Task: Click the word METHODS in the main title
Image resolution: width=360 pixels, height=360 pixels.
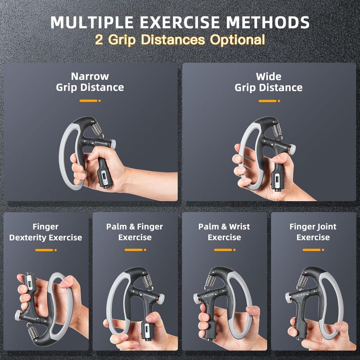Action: point(267,22)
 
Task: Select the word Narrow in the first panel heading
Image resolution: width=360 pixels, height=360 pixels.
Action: point(90,76)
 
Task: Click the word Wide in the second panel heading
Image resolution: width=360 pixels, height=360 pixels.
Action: point(268,76)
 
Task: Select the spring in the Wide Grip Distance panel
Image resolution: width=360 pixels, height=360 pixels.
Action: point(277,131)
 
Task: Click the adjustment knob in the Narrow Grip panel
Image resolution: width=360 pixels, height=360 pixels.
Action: point(112,144)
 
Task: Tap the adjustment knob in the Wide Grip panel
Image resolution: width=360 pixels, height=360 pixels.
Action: point(292,149)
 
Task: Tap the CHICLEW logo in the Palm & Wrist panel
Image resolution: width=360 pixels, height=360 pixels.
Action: point(208,296)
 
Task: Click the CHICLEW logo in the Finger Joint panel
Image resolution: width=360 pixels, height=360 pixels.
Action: point(299,296)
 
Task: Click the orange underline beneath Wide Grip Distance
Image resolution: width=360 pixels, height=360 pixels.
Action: point(269,101)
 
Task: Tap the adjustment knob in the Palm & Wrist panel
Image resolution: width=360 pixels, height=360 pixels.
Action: point(196,298)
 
